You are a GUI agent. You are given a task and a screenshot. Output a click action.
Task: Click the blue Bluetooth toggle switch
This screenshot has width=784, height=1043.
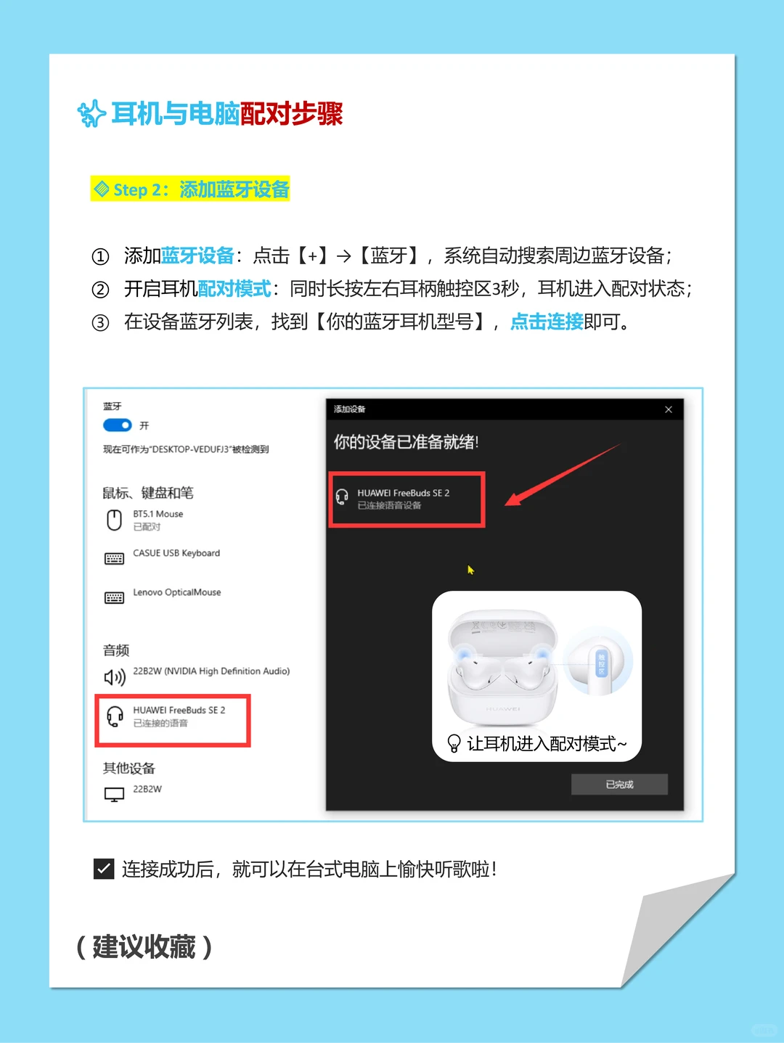coord(117,425)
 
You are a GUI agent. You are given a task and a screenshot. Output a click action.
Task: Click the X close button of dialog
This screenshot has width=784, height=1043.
coord(669,409)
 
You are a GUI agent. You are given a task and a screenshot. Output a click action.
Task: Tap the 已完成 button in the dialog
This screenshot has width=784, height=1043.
coord(619,785)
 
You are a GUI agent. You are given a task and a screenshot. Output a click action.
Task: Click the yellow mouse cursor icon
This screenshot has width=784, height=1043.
coord(470,570)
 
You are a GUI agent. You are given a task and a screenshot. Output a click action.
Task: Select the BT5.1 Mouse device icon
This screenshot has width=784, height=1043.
coord(114,520)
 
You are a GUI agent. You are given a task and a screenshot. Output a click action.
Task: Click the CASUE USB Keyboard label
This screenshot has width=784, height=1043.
coord(176,553)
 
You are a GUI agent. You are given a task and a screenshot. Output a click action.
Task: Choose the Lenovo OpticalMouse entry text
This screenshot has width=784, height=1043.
coord(177,592)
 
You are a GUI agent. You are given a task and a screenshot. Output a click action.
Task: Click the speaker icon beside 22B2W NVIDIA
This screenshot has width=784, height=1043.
coord(115,677)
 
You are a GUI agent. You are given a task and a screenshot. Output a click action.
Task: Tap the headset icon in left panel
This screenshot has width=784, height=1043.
coord(115,716)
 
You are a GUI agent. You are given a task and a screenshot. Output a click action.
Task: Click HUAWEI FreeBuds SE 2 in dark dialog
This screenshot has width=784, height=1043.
coord(403,494)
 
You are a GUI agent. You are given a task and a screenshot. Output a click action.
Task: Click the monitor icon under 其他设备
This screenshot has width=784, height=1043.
coord(114,795)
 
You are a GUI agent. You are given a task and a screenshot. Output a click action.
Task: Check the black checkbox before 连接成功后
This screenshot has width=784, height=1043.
coord(104,869)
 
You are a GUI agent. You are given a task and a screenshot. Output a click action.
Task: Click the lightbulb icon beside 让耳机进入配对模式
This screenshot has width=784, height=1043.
coord(454,743)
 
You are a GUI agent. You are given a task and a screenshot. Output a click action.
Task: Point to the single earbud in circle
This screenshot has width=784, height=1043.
coord(600,664)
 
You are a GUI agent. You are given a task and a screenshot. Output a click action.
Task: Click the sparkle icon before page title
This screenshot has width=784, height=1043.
coord(91,114)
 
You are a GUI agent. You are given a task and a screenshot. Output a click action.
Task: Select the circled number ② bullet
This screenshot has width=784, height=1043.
coord(100,290)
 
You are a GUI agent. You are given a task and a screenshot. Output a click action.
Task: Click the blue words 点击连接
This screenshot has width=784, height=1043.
coord(547,322)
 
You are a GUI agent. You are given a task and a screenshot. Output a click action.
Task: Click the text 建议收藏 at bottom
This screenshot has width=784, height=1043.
coord(144,947)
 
